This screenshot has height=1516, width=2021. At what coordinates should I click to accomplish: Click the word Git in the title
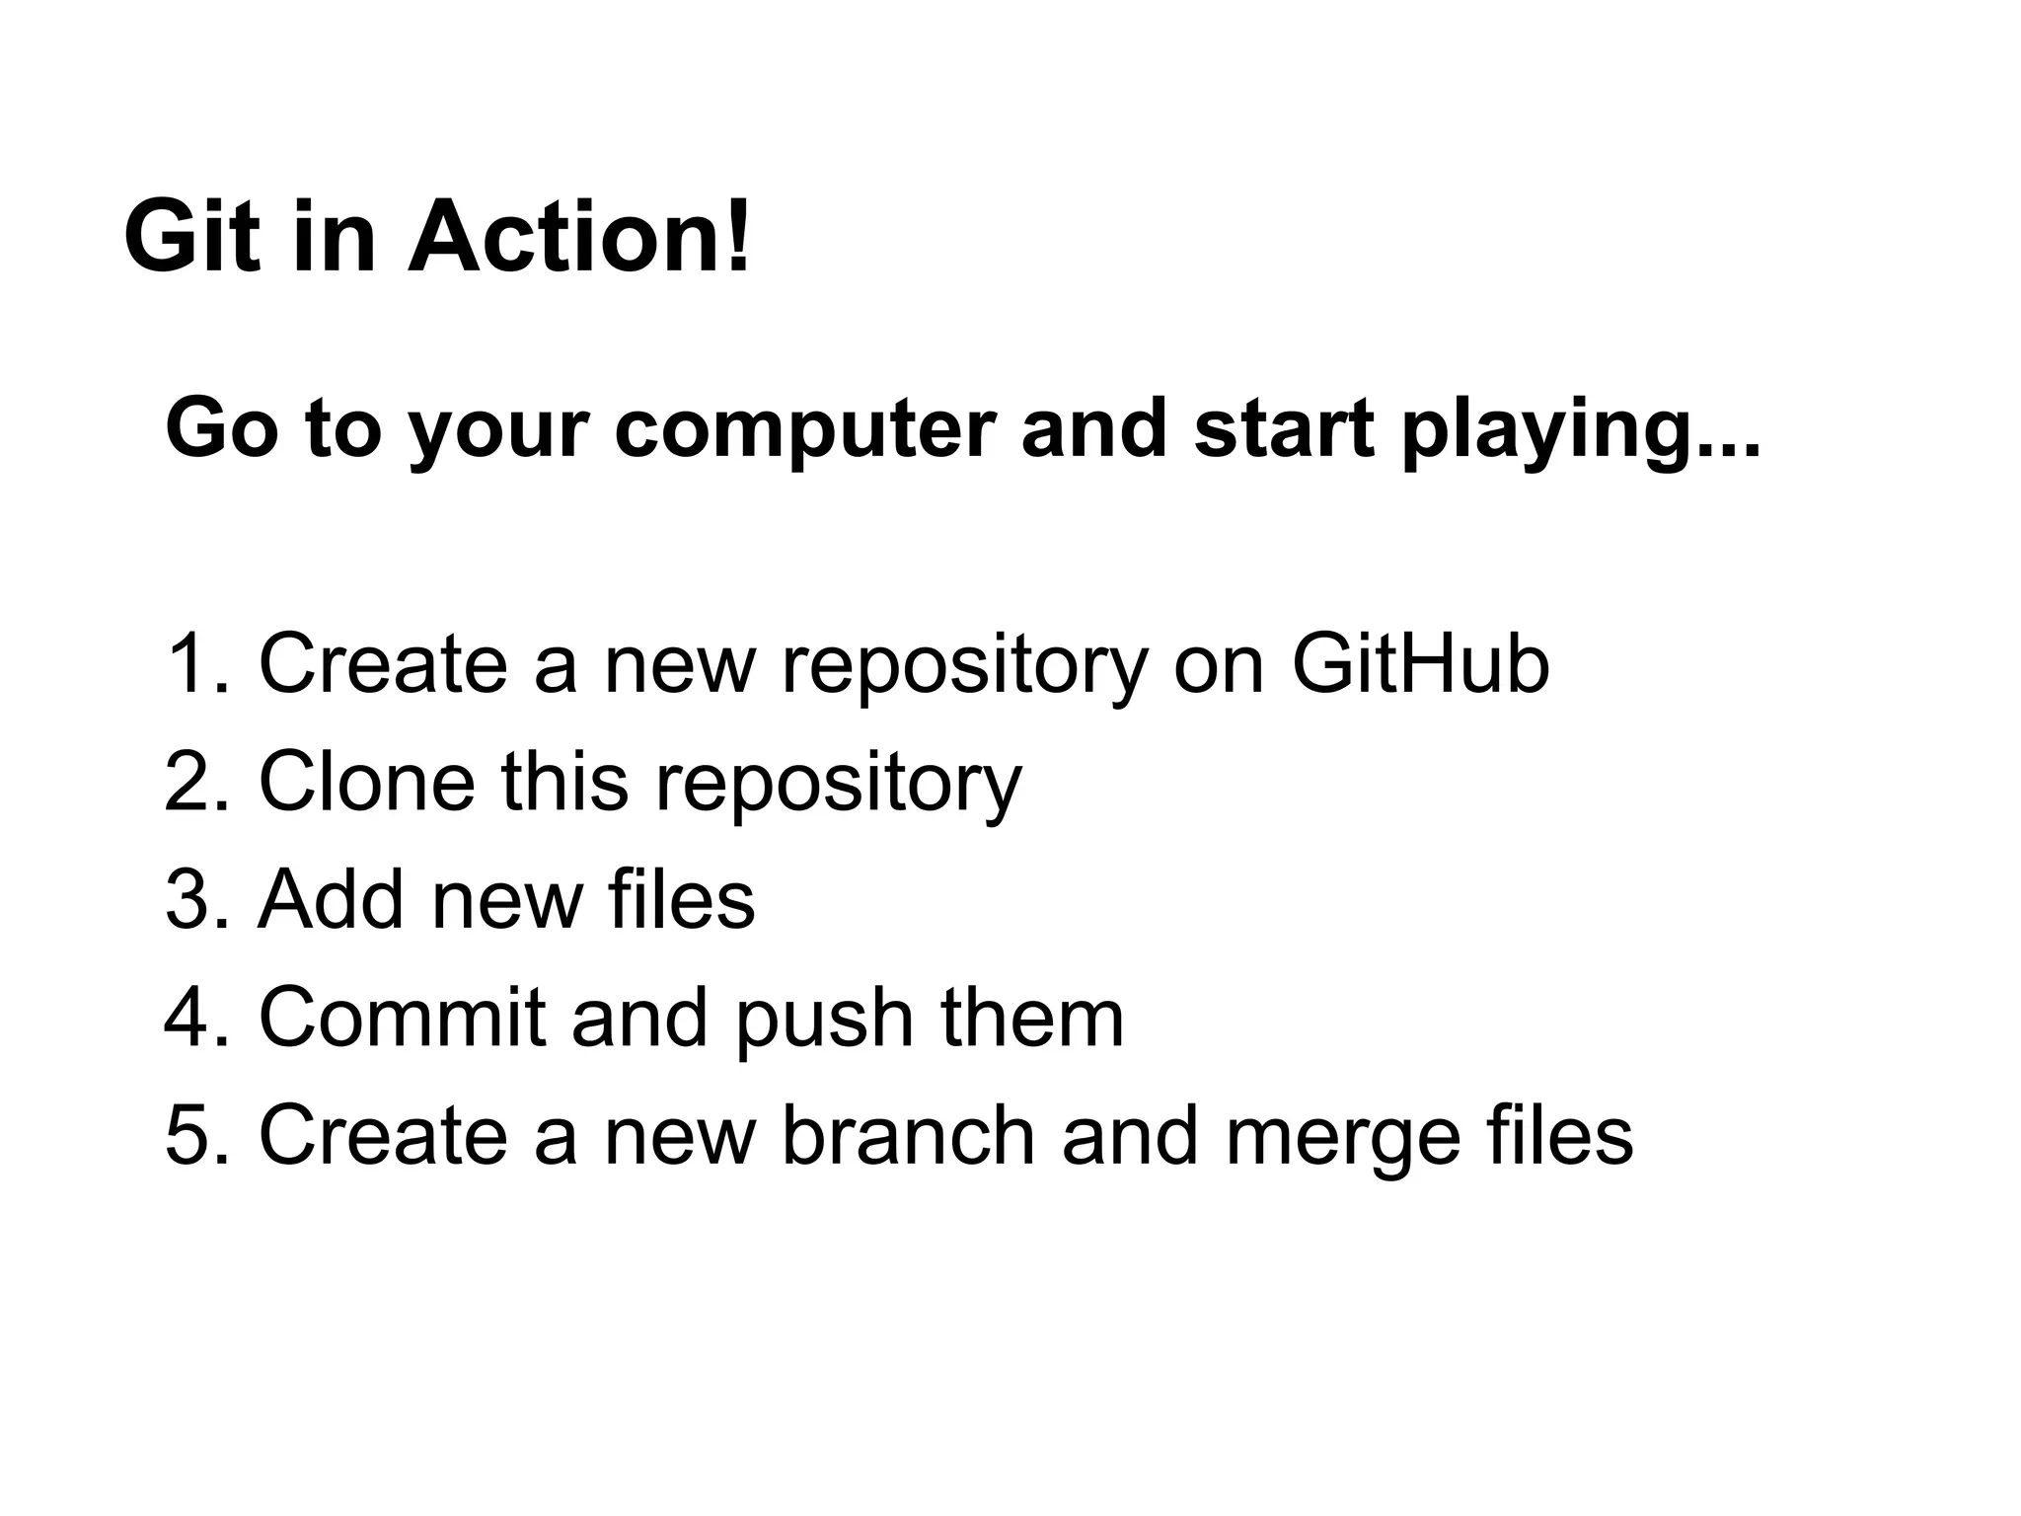(x=193, y=237)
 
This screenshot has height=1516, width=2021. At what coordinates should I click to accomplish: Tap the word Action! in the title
(x=579, y=237)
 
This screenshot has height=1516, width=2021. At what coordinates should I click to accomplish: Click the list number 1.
(x=195, y=664)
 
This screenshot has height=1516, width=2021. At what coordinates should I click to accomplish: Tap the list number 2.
(x=195, y=782)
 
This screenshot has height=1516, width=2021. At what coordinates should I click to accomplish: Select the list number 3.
(x=195, y=899)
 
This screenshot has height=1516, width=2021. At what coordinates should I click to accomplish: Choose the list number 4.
(x=195, y=1018)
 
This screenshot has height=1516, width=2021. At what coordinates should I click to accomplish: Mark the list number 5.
(x=195, y=1135)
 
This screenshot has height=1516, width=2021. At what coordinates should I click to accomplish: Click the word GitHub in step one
(x=1420, y=664)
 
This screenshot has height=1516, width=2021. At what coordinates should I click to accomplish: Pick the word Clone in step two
(x=366, y=782)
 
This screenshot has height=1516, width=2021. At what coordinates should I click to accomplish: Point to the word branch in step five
(x=909, y=1135)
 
